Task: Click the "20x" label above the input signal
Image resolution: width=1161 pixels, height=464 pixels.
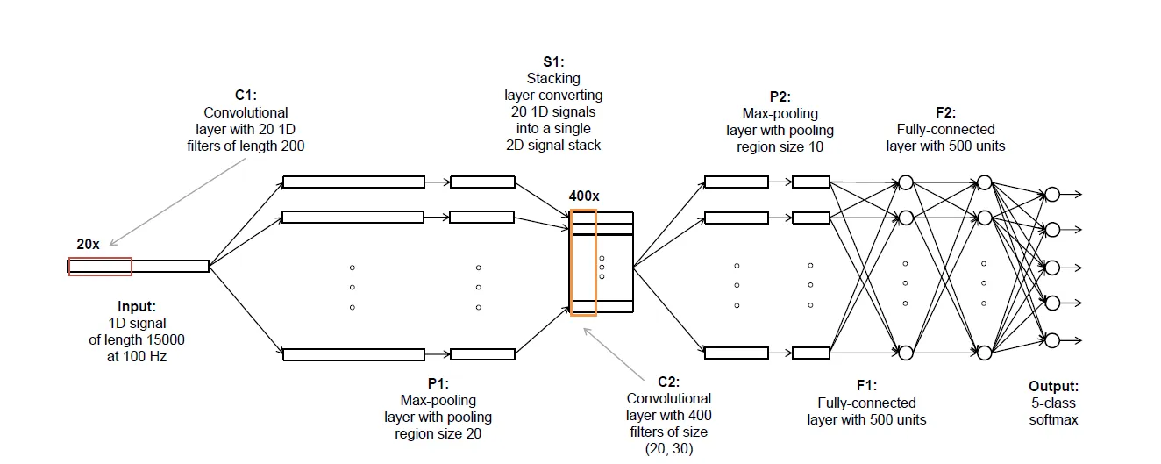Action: pos(88,244)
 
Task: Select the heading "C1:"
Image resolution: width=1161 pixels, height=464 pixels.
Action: pos(246,96)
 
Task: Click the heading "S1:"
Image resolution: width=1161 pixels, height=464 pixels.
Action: pos(553,61)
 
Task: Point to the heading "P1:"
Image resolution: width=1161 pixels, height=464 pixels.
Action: pos(438,383)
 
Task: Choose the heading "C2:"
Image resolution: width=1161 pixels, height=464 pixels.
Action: pos(669,382)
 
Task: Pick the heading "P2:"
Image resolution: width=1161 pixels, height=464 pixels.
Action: pos(780,96)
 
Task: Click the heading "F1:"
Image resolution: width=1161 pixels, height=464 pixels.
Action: pos(866,385)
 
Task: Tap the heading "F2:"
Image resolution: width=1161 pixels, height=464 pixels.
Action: pos(945,113)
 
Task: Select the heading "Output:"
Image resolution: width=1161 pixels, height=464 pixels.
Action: pos(1053,386)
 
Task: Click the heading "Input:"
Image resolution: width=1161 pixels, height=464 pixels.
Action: pos(137,307)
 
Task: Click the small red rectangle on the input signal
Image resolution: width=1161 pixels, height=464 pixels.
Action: pos(100,267)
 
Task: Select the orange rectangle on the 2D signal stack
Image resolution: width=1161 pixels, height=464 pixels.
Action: pos(583,262)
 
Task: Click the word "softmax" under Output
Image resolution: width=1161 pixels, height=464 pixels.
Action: pos(1053,420)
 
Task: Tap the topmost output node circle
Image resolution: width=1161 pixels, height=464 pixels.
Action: pos(1052,195)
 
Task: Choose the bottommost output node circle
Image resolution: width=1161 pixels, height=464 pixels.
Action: pos(1052,339)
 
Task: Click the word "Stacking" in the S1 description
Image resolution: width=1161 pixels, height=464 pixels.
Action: pos(553,78)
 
